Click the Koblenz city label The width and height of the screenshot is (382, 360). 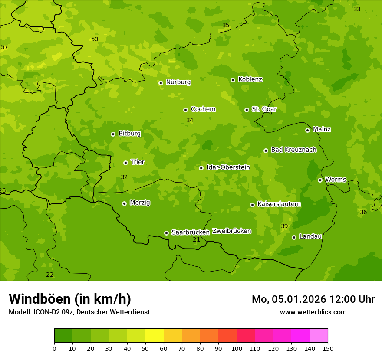click(x=250, y=79)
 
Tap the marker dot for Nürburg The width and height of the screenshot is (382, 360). click(x=161, y=83)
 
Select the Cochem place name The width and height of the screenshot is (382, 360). click(x=203, y=109)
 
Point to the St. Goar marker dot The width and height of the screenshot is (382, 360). click(x=247, y=110)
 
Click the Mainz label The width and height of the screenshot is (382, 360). click(x=322, y=130)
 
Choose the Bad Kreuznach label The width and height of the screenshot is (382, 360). click(x=293, y=150)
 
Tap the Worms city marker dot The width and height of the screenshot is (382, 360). click(x=320, y=180)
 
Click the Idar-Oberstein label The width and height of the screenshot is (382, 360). click(x=228, y=167)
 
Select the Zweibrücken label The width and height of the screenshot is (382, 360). click(x=231, y=231)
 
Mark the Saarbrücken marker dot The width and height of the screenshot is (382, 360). click(x=166, y=233)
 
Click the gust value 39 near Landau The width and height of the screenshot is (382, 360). click(x=284, y=226)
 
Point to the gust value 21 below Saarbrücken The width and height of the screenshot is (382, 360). click(x=196, y=240)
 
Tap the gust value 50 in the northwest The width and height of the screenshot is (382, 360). click(x=95, y=39)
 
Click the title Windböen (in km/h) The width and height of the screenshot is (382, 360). click(x=70, y=299)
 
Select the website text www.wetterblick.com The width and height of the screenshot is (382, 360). click(x=313, y=312)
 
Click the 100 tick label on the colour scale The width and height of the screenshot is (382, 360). click(x=237, y=348)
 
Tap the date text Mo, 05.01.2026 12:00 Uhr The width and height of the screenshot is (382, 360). click(x=313, y=299)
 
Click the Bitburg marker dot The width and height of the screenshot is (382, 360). click(x=113, y=134)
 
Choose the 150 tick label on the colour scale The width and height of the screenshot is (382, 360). click(x=328, y=348)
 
